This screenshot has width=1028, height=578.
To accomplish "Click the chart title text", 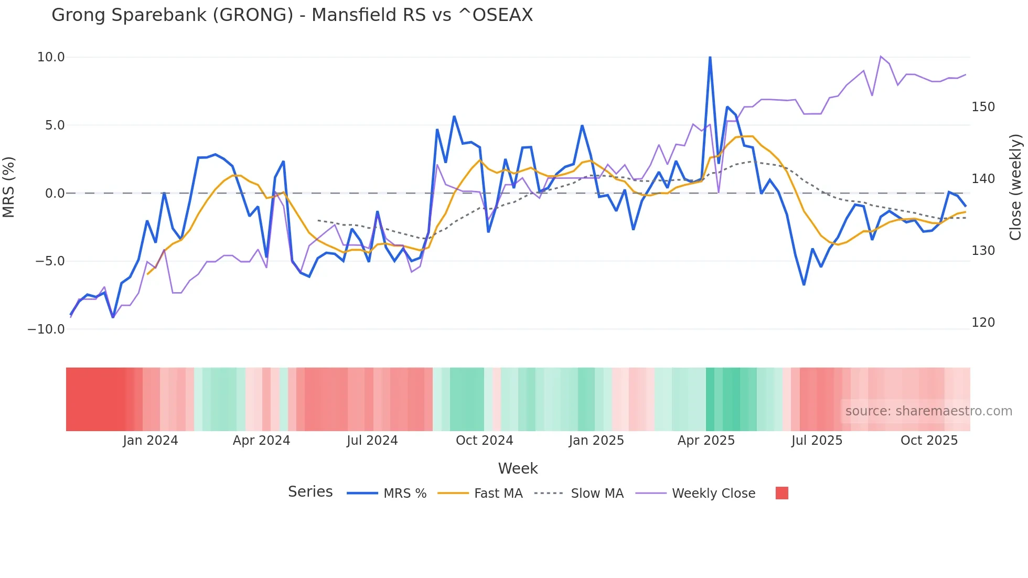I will click(292, 15).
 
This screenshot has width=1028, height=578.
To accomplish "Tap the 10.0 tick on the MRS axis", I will click(51, 57).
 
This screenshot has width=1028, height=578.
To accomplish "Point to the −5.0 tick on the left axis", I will click(50, 261).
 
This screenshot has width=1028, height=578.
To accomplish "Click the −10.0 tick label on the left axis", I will click(47, 329).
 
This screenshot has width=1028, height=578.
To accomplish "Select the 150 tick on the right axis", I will click(983, 107).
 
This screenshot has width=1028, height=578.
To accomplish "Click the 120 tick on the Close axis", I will click(983, 323).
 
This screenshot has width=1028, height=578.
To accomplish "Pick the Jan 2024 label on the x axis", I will click(151, 441).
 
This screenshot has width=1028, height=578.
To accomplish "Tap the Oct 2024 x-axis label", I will click(484, 441).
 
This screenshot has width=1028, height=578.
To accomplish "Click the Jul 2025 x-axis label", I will click(817, 441).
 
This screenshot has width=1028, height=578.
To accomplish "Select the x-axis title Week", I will click(518, 468).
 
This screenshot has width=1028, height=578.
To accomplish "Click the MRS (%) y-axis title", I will click(9, 187).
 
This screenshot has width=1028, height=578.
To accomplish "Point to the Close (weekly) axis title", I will click(1016, 187).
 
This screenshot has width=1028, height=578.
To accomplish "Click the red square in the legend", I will click(781, 493).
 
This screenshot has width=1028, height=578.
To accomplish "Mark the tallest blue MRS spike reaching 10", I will click(710, 58).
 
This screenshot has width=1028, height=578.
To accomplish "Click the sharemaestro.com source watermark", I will click(928, 411).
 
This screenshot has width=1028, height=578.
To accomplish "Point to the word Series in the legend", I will click(310, 492).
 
